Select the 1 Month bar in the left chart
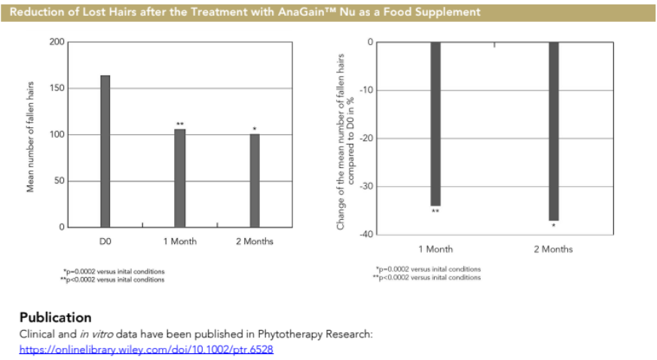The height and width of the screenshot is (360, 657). pyautogui.click(x=179, y=178)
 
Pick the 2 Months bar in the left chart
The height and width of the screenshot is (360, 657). pyautogui.click(x=255, y=180)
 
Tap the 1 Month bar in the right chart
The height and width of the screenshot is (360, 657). pyautogui.click(x=435, y=124)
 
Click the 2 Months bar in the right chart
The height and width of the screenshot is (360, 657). pyautogui.click(x=554, y=131)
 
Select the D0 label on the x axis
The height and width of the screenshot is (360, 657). pyautogui.click(x=105, y=241)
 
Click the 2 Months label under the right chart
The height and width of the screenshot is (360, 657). pyautogui.click(x=553, y=249)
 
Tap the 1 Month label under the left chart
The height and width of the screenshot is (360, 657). pyautogui.click(x=179, y=241)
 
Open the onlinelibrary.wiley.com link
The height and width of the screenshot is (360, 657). pyautogui.click(x=146, y=349)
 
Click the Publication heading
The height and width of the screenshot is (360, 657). pyautogui.click(x=56, y=317)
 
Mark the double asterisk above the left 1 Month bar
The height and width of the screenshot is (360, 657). pyautogui.click(x=180, y=124)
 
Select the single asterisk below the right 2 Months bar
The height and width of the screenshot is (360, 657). pyautogui.click(x=554, y=225)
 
